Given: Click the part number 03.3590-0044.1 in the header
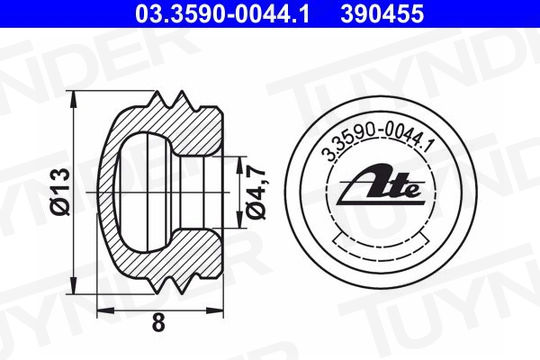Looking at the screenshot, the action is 222,14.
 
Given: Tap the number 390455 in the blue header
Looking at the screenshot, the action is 382,14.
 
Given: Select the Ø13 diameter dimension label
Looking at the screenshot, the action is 61,192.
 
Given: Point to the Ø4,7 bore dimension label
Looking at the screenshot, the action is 256,192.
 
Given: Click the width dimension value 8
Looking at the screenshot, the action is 158,323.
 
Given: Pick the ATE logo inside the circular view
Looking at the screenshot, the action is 381,185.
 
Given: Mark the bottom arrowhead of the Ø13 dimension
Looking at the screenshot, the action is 73,286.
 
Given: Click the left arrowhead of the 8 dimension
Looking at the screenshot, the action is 106,310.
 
